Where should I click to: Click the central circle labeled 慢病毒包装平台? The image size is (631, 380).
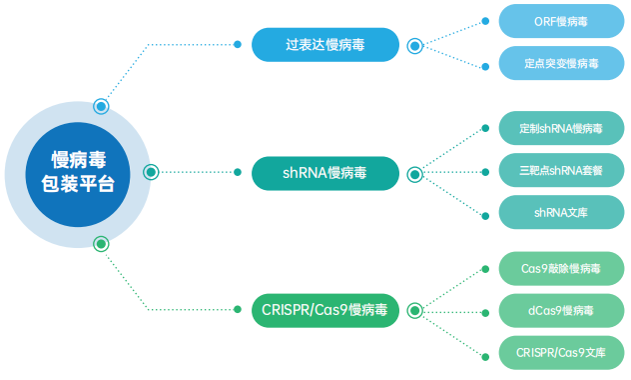(77, 172)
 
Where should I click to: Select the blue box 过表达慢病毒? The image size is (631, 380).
(324, 45)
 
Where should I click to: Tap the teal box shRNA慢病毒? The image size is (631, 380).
(324, 173)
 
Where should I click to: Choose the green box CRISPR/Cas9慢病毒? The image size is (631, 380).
(324, 311)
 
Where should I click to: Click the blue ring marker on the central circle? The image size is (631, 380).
(101, 106)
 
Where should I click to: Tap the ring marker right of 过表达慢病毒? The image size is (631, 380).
(414, 45)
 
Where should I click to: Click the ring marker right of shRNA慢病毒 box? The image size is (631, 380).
(414, 174)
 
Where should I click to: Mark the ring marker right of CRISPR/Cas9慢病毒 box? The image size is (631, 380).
(414, 311)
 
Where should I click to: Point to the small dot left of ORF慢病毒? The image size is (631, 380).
(484, 20)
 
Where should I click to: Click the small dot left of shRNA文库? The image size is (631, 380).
(484, 213)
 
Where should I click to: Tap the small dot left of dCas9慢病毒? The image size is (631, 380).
(484, 311)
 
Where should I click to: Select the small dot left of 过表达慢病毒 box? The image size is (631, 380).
(237, 45)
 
